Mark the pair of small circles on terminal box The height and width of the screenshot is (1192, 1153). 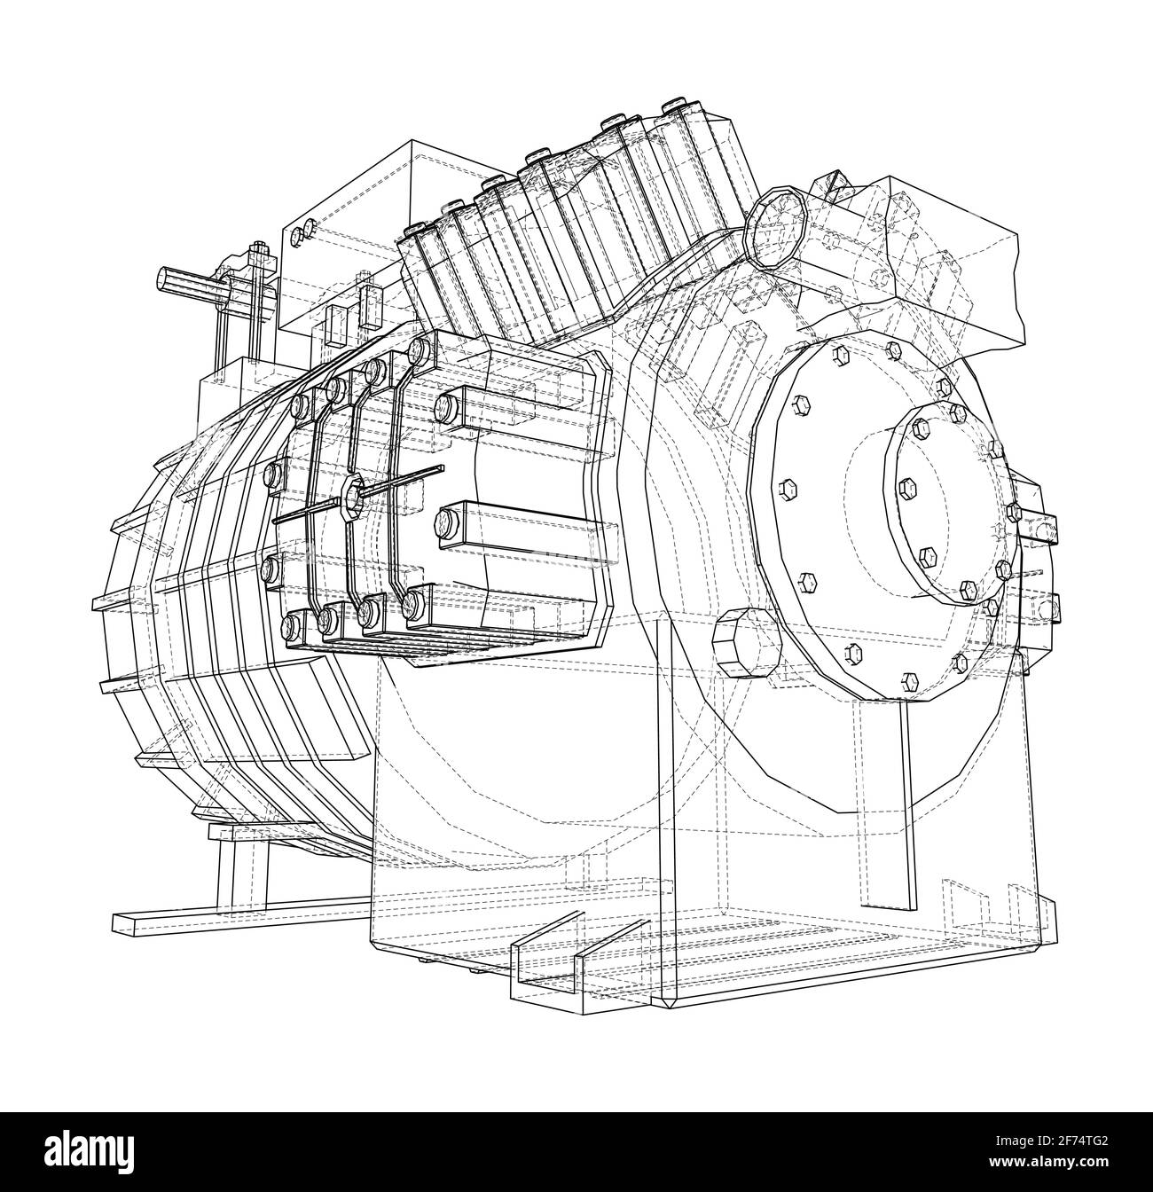point(302,231)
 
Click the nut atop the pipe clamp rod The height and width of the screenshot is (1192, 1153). point(257,250)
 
